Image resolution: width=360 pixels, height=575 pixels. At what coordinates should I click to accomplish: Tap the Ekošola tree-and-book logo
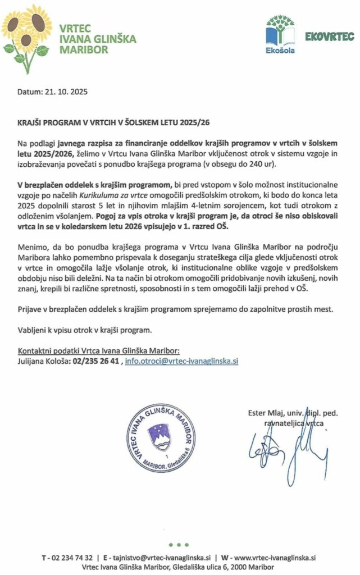280,35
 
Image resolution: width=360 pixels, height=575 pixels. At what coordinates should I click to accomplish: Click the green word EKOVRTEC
329,37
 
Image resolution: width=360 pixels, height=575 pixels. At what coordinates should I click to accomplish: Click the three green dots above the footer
179,544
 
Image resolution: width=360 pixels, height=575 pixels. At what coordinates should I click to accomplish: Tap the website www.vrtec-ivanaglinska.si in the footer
275,558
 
